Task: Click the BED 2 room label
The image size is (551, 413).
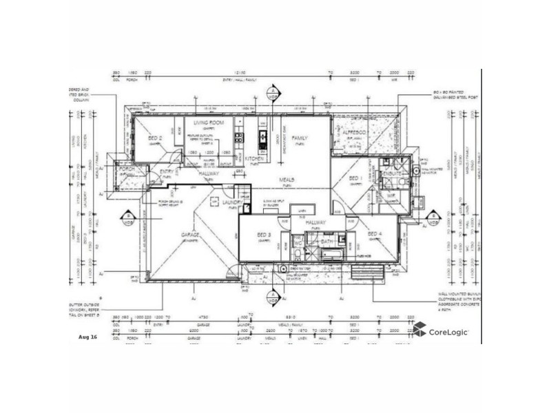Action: (x=155, y=138)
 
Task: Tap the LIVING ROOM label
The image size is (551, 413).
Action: (x=206, y=123)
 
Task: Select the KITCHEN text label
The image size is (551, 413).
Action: (x=250, y=159)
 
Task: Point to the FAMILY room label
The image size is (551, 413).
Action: (x=299, y=138)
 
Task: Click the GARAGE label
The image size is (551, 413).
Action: (x=190, y=235)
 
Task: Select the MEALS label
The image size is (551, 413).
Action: (x=287, y=180)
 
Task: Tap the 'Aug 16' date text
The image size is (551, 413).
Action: (x=89, y=337)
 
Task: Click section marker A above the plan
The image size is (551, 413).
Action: (x=273, y=92)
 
